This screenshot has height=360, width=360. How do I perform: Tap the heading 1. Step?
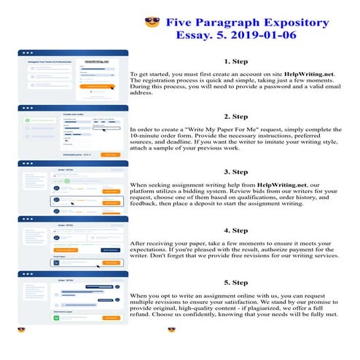(x=236, y=62)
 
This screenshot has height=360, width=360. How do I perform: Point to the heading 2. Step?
(x=236, y=117)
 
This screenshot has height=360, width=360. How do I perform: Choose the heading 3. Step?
(x=236, y=172)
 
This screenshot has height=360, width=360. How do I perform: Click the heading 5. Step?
(x=236, y=281)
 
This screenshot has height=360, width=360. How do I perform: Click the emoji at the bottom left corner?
(x=22, y=330)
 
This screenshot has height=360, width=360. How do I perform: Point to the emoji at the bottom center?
(x=171, y=330)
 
